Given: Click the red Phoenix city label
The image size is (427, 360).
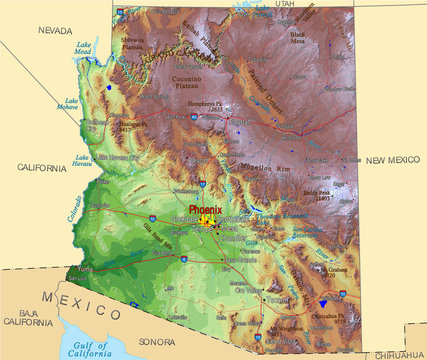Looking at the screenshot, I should tap(206, 209).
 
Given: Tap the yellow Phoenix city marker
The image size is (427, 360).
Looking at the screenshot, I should tap(209, 219).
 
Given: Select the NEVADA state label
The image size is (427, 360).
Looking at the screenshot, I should tap(56, 31).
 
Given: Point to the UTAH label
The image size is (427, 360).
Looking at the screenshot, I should tap(286, 4).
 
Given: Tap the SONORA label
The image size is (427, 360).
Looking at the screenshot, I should tap(158, 342).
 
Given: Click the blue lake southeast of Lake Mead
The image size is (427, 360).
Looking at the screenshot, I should tap(108, 86).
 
